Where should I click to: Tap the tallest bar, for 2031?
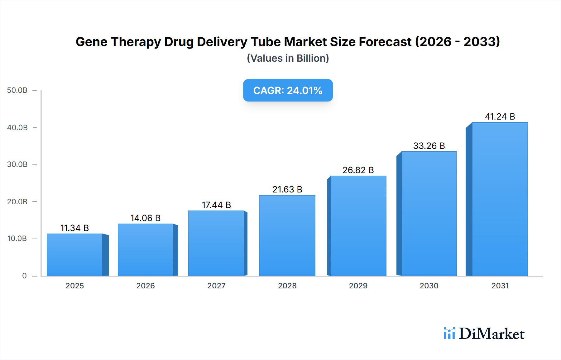(500, 199)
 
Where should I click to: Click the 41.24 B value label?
(500, 116)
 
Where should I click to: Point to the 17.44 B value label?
(216, 205)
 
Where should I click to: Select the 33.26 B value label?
(429, 146)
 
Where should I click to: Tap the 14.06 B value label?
(145, 218)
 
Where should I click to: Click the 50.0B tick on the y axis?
(17, 90)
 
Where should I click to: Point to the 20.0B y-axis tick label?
(17, 201)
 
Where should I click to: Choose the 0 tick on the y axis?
(24, 276)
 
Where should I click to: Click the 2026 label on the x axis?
(145, 286)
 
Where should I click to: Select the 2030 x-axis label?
(429, 286)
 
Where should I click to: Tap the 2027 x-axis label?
(216, 286)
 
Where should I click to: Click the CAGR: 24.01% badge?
(288, 90)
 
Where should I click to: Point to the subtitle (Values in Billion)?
(288, 58)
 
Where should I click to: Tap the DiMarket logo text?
(491, 334)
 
